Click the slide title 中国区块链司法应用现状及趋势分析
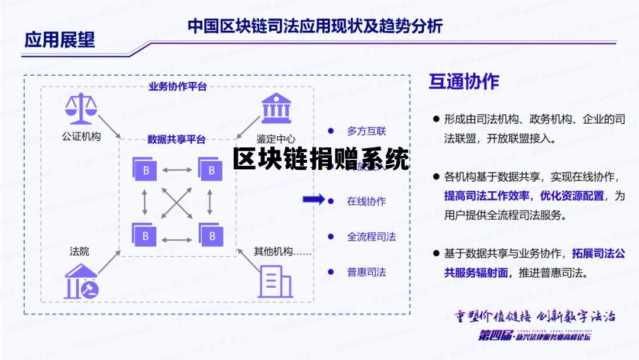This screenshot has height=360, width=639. pos(315,26)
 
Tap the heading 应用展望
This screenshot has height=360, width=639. pos(59,40)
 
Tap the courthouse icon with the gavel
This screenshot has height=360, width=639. pos(82,281)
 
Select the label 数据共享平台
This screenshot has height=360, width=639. pos(176,140)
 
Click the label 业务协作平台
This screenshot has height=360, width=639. pos(177,86)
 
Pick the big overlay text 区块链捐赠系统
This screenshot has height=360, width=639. pos(321,159)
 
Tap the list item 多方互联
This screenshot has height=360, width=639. pos(366,131)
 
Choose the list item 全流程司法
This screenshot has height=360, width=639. pos(371,237)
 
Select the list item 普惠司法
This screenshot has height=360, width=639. pos(366,272)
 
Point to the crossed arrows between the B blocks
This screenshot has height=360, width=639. pos(177,203)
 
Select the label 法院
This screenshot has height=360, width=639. pos(79,252)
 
